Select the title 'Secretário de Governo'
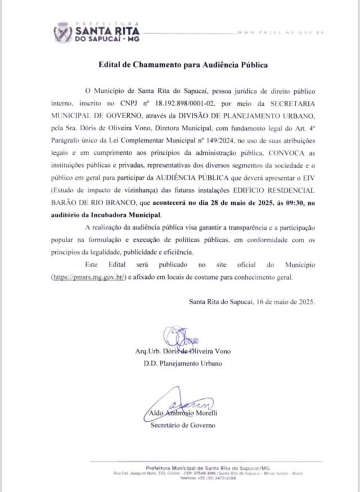183,425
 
